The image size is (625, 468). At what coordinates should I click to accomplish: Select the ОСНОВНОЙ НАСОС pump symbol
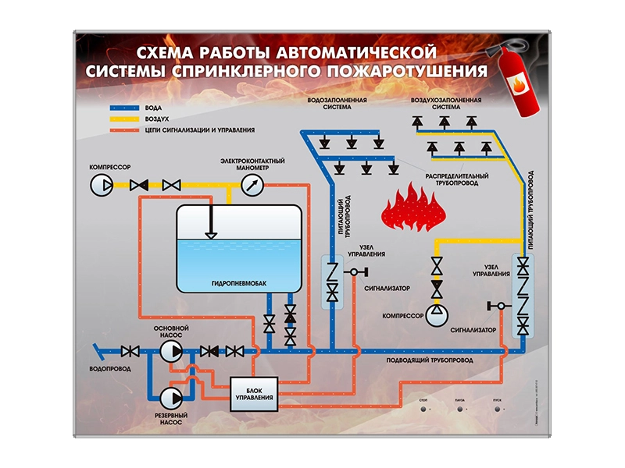tap(170, 351)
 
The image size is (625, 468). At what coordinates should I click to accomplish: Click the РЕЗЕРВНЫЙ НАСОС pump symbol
tap(170, 396)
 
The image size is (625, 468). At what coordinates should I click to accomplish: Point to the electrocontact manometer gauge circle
tap(252, 184)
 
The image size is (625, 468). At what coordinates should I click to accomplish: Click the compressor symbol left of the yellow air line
tap(102, 184)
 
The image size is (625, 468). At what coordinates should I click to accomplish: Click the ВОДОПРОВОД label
tap(110, 367)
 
